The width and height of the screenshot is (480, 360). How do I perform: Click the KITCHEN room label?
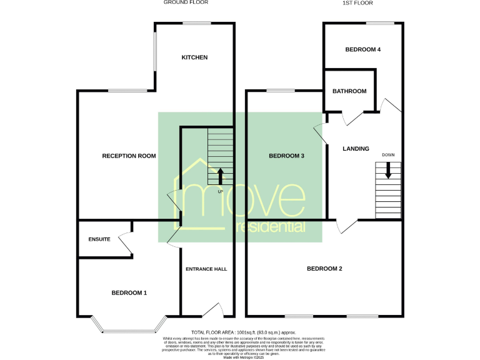pyautogui.click(x=194, y=57)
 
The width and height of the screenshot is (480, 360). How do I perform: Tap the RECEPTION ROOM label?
pyautogui.click(x=129, y=156)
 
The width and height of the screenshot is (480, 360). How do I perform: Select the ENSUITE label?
pyautogui.click(x=99, y=239)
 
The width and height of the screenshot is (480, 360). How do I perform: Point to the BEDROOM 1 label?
pyautogui.click(x=129, y=292)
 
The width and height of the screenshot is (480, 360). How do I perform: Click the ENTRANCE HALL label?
pyautogui.click(x=206, y=269)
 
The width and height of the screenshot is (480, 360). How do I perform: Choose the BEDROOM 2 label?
pyautogui.click(x=324, y=269)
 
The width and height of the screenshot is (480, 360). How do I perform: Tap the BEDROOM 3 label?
pyautogui.click(x=286, y=156)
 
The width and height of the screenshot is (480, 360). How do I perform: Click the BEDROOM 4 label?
pyautogui.click(x=363, y=49)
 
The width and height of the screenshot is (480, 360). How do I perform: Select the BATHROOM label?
pyautogui.click(x=349, y=91)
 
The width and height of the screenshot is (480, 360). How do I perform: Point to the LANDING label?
pyautogui.click(x=356, y=149)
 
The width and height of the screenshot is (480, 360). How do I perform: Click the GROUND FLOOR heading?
pyautogui.click(x=186, y=2)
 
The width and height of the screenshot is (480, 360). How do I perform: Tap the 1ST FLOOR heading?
pyautogui.click(x=357, y=2)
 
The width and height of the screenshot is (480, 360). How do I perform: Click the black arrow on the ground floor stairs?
pyautogui.click(x=220, y=176)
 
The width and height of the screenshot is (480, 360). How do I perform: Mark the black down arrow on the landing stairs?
pyautogui.click(x=388, y=170)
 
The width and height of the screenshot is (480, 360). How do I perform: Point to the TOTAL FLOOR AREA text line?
pyautogui.click(x=243, y=332)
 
